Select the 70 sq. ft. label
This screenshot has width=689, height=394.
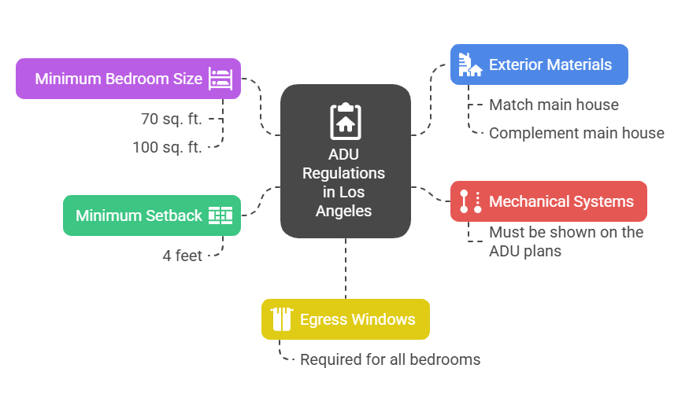pyautogui.click(x=171, y=120)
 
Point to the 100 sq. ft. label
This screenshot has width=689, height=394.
pyautogui.click(x=167, y=146)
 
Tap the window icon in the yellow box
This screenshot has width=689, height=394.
pyautogui.click(x=281, y=319)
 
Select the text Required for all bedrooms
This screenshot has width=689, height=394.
pyautogui.click(x=390, y=359)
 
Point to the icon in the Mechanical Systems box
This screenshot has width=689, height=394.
pyautogui.click(x=470, y=201)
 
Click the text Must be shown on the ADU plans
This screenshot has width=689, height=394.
pyautogui.click(x=565, y=241)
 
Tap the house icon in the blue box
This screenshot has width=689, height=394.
pyautogui.click(x=470, y=64)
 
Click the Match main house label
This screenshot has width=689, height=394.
pyautogui.click(x=554, y=105)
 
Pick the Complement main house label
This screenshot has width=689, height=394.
pyautogui.click(x=576, y=133)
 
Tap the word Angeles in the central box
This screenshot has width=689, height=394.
pyautogui.click(x=344, y=211)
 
